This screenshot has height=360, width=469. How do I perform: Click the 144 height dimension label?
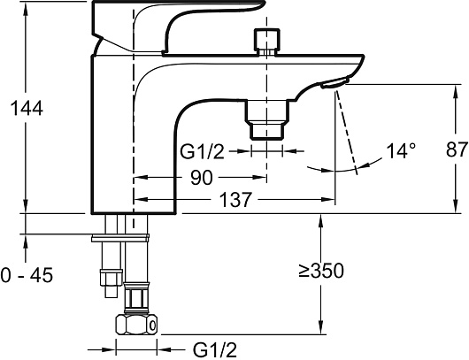tap(27, 108)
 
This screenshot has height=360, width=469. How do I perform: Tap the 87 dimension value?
tap(457, 149)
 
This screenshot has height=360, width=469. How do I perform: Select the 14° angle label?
tap(401, 150)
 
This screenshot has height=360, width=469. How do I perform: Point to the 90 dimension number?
tap(201, 178)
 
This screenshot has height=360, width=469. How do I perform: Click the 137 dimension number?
tap(235, 199)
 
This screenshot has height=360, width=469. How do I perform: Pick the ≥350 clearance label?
tap(321, 271)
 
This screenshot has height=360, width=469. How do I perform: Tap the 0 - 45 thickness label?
tap(27, 275)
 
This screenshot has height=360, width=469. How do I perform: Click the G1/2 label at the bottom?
tap(215, 349)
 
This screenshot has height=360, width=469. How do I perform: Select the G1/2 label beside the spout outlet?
tap(202, 152)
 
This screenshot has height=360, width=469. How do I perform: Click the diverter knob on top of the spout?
tap(266, 42)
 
